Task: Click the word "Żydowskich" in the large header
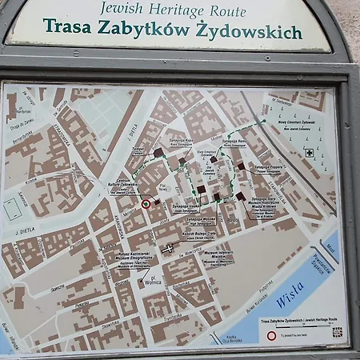258,32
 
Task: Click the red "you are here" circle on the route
146,204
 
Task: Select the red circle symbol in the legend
271,336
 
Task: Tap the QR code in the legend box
337,332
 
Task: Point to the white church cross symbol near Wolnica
167,249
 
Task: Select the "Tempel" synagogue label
138,150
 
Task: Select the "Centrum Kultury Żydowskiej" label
120,186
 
